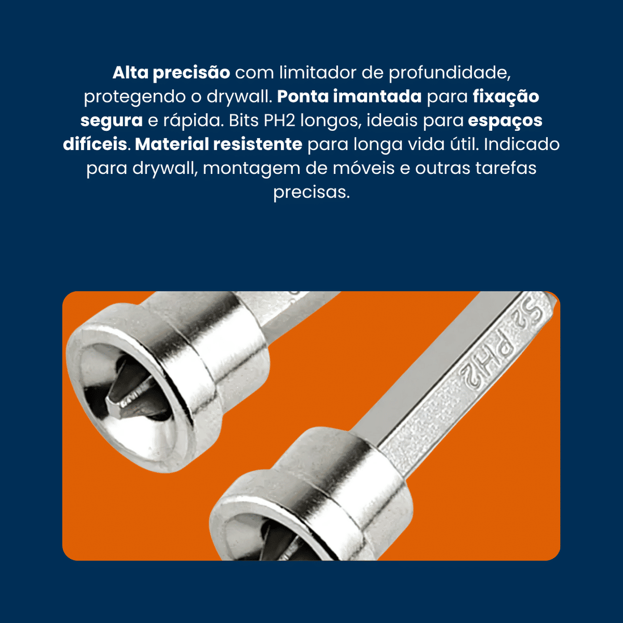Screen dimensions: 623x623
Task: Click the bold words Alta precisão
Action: click(171, 73)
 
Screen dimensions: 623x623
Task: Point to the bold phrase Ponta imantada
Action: click(349, 97)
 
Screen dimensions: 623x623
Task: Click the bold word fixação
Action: click(506, 97)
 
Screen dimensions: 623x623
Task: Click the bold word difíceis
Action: click(95, 144)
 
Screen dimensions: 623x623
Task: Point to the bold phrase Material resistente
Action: click(219, 144)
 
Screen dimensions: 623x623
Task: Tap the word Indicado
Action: click(522, 144)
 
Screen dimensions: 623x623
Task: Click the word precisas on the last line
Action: click(311, 192)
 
